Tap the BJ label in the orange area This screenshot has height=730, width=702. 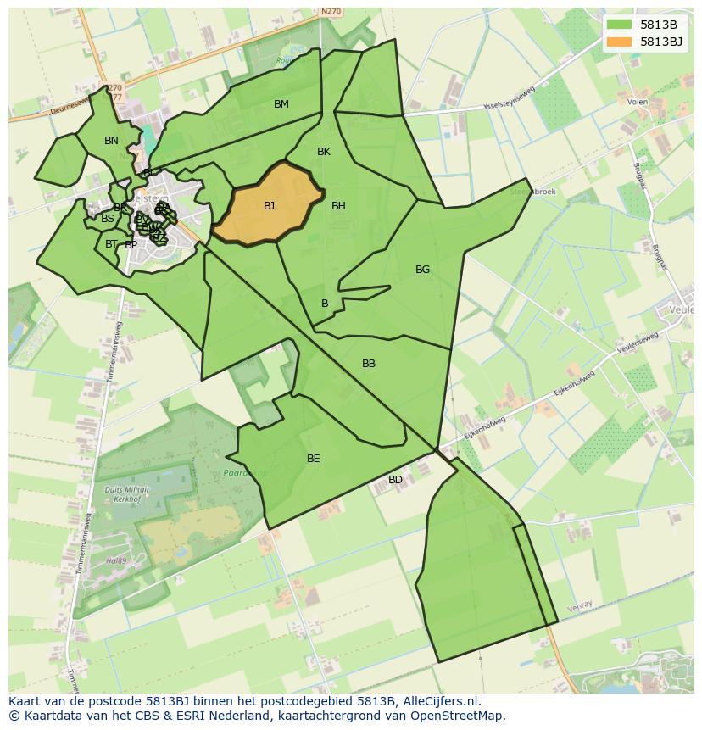(x=269, y=206)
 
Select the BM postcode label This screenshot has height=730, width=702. (x=281, y=104)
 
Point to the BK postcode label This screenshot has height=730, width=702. (x=323, y=152)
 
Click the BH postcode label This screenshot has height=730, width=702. (x=338, y=206)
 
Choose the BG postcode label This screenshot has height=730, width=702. (x=422, y=270)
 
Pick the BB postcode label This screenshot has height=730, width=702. (x=369, y=364)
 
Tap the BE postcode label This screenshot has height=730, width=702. (x=314, y=459)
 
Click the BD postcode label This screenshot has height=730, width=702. (x=395, y=480)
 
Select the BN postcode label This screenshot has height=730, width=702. (x=111, y=141)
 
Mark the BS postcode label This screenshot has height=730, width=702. (x=108, y=219)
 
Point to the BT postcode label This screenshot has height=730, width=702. (x=111, y=244)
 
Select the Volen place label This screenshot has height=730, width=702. (x=638, y=102)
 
